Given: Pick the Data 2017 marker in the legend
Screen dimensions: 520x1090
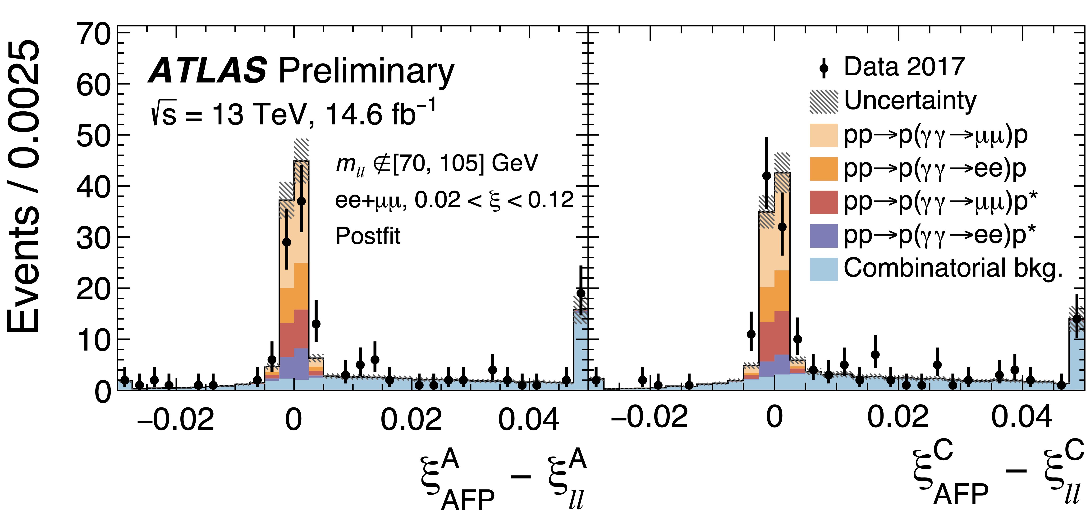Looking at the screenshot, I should [x=823, y=68].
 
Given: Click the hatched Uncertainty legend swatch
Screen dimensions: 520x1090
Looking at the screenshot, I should [x=823, y=101].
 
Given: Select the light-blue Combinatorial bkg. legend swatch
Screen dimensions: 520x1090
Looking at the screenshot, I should [x=823, y=269].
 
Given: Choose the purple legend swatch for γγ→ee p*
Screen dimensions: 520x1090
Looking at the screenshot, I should [x=823, y=236].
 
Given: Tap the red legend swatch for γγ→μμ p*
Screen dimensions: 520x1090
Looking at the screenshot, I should [x=823, y=202].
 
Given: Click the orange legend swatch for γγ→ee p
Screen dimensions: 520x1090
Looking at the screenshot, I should [x=823, y=169].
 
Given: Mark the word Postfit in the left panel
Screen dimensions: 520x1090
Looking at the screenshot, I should [x=368, y=236].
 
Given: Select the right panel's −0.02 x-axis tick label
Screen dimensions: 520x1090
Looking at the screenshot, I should [x=650, y=417].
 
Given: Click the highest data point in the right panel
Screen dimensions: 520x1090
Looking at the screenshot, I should [x=766, y=176].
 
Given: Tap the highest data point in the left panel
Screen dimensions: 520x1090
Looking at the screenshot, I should [x=301, y=201].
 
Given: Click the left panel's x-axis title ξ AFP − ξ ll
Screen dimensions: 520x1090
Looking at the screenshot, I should [x=504, y=478].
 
